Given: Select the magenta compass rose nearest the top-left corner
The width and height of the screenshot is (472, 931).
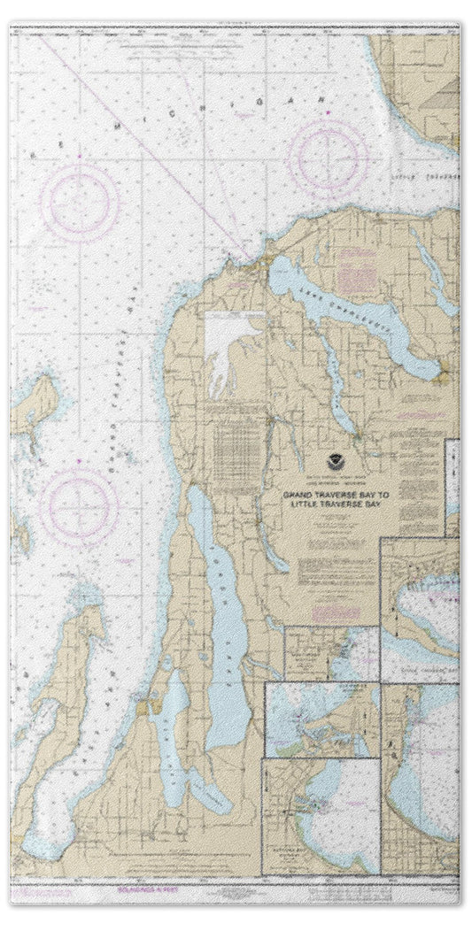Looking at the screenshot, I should [x=80, y=202].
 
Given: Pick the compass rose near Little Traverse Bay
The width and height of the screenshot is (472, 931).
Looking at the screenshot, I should [x=329, y=158].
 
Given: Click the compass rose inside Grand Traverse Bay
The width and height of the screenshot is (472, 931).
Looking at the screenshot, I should [x=80, y=505].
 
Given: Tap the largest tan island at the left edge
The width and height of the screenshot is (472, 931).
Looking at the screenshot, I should [x=34, y=406].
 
